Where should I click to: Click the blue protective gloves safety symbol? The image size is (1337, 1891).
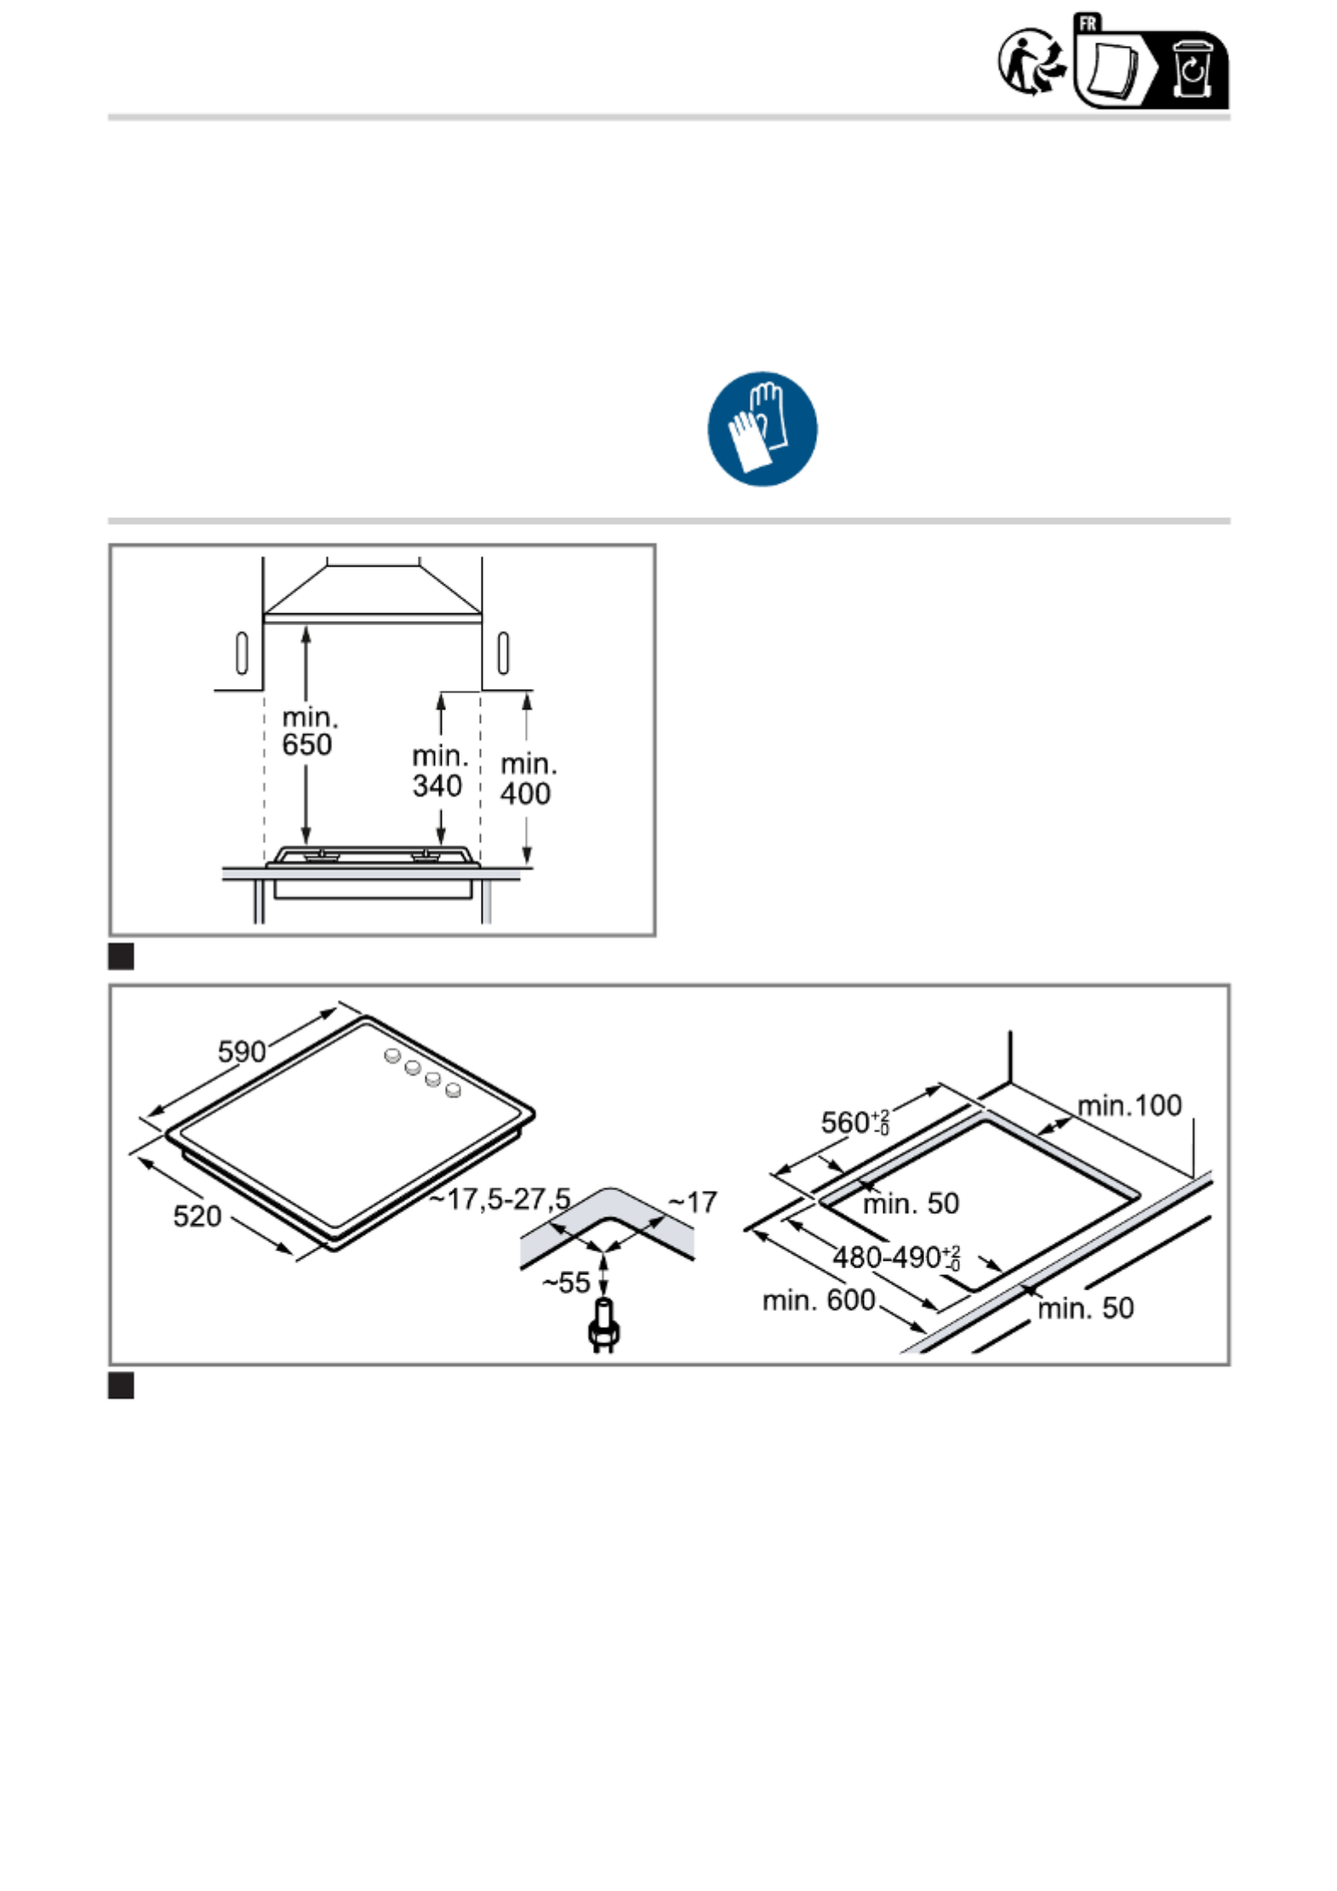[762, 428]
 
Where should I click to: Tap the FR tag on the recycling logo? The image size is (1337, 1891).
[1087, 23]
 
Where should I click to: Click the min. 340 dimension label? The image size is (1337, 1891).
[439, 771]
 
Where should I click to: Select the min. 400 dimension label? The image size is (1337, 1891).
[527, 779]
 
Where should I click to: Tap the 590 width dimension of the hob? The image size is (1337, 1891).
[242, 1052]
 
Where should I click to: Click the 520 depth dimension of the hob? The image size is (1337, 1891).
[197, 1216]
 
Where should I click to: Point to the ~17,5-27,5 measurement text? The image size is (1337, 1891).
[499, 1200]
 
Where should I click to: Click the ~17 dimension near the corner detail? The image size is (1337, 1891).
[692, 1202]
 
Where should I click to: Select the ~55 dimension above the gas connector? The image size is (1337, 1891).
[566, 1283]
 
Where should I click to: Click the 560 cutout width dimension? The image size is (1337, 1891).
[855, 1121]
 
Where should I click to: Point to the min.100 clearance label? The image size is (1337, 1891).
[1129, 1105]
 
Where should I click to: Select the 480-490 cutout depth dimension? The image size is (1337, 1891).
[896, 1257]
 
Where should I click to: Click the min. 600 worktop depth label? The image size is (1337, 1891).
[818, 1300]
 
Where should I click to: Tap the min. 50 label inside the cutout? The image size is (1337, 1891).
[911, 1203]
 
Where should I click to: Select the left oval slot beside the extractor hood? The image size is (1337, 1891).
[241, 652]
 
